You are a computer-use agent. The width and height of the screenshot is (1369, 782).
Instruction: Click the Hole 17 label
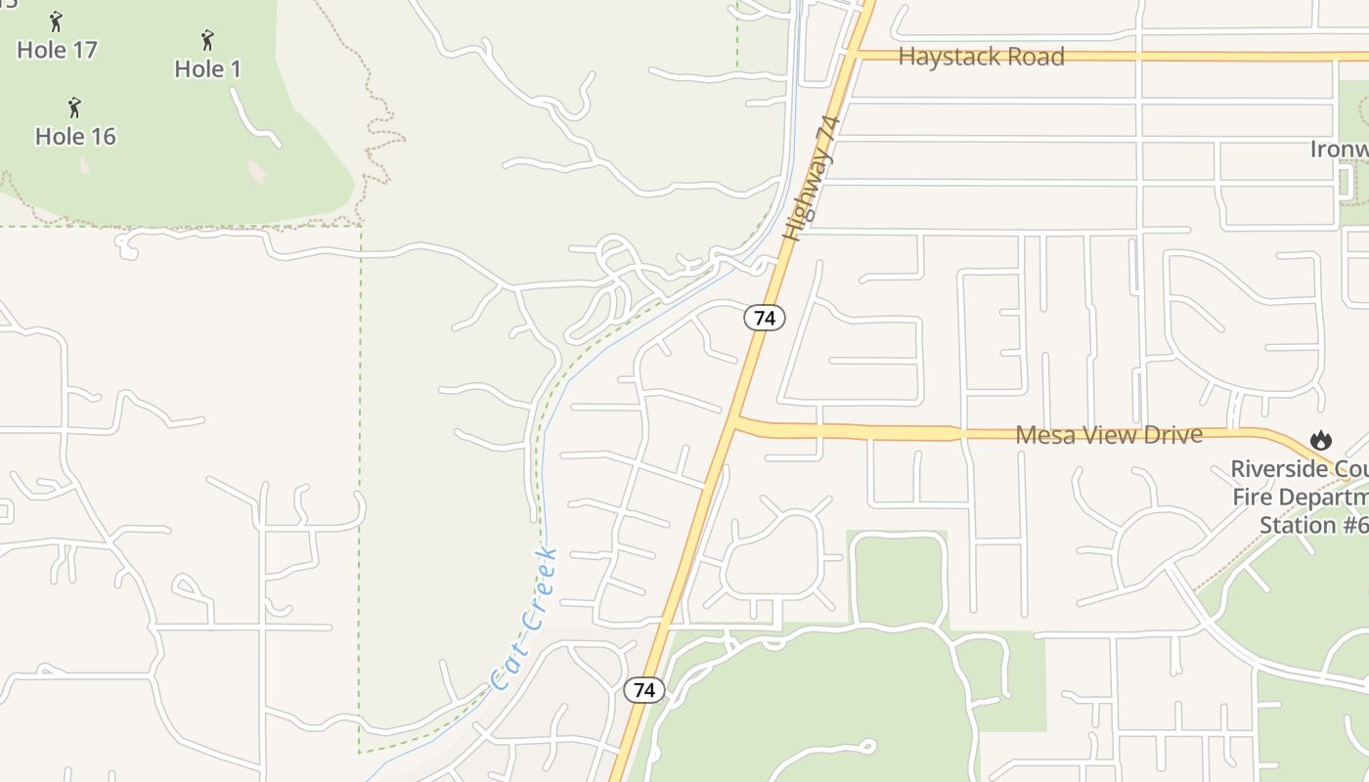click(x=57, y=50)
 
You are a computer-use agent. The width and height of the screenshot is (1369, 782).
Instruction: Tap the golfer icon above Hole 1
click(x=207, y=40)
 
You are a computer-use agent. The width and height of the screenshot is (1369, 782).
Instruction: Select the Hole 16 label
click(x=75, y=137)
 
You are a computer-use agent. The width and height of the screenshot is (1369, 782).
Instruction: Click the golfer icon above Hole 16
click(x=74, y=107)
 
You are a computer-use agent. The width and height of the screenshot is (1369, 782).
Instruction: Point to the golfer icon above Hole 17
click(x=56, y=21)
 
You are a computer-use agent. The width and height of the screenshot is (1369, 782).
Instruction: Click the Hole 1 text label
click(x=207, y=69)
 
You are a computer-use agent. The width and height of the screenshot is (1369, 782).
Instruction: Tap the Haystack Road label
click(x=981, y=57)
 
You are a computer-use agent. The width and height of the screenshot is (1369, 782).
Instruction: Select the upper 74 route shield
click(x=765, y=318)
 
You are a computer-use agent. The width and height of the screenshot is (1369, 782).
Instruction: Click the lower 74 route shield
click(x=643, y=690)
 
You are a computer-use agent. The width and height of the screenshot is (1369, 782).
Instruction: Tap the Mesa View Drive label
click(x=1109, y=434)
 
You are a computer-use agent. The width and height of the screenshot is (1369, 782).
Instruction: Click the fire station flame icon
click(x=1322, y=441)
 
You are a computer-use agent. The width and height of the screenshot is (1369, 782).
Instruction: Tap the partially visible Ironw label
click(x=1339, y=150)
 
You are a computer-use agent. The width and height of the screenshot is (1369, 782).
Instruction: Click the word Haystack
click(x=941, y=57)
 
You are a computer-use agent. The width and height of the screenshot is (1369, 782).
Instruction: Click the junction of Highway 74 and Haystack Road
click(x=856, y=55)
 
